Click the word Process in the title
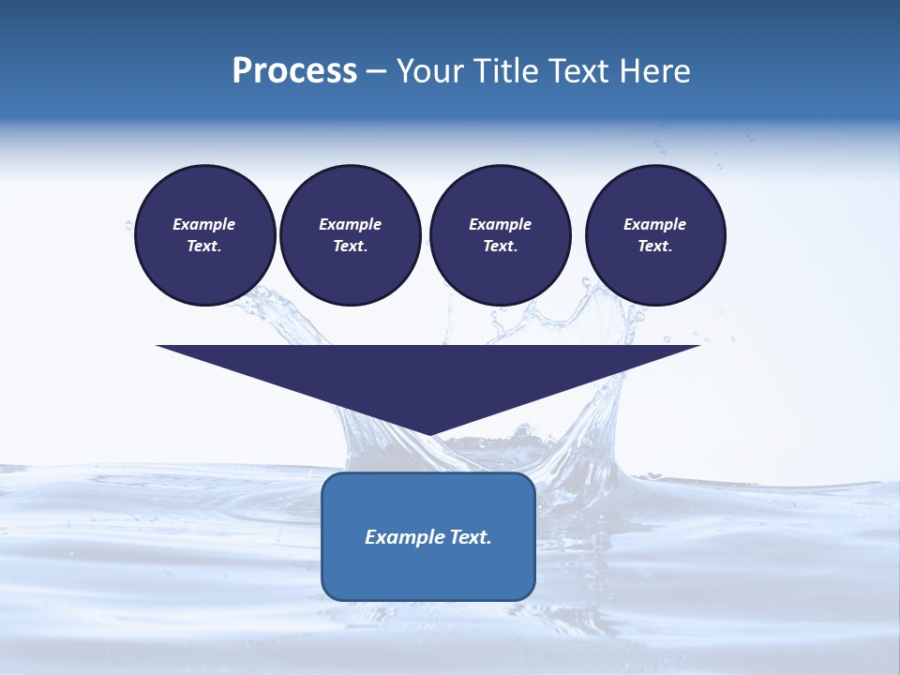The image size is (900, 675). pos(294,71)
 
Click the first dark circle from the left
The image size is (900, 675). pos(205,235)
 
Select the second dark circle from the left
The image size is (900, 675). pos(351,235)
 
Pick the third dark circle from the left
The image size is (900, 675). pos(501,235)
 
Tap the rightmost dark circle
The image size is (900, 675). pos(655,235)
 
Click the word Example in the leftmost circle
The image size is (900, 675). pos(204,224)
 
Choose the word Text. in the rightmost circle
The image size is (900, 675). pos(655,246)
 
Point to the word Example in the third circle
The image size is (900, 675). pos(501,224)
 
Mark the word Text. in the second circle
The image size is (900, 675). pos(351,246)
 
